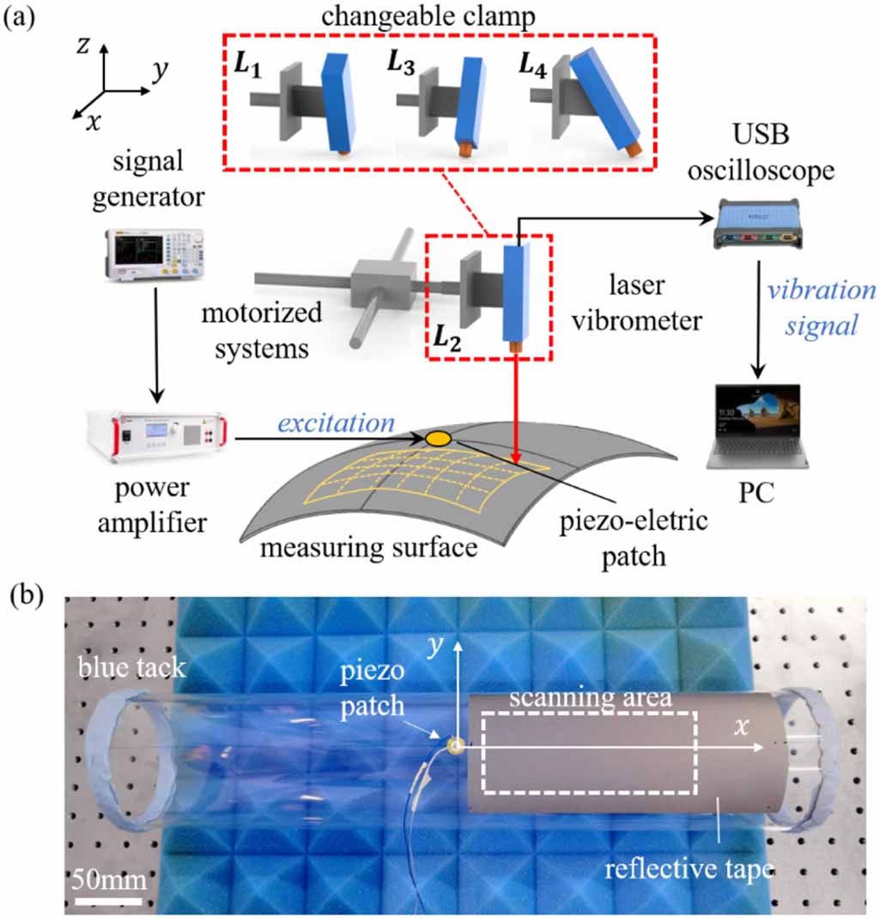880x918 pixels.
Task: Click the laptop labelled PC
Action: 756,426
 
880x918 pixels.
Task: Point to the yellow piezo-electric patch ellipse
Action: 438,439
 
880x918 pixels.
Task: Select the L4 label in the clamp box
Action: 534,66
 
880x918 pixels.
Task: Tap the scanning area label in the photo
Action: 589,697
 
